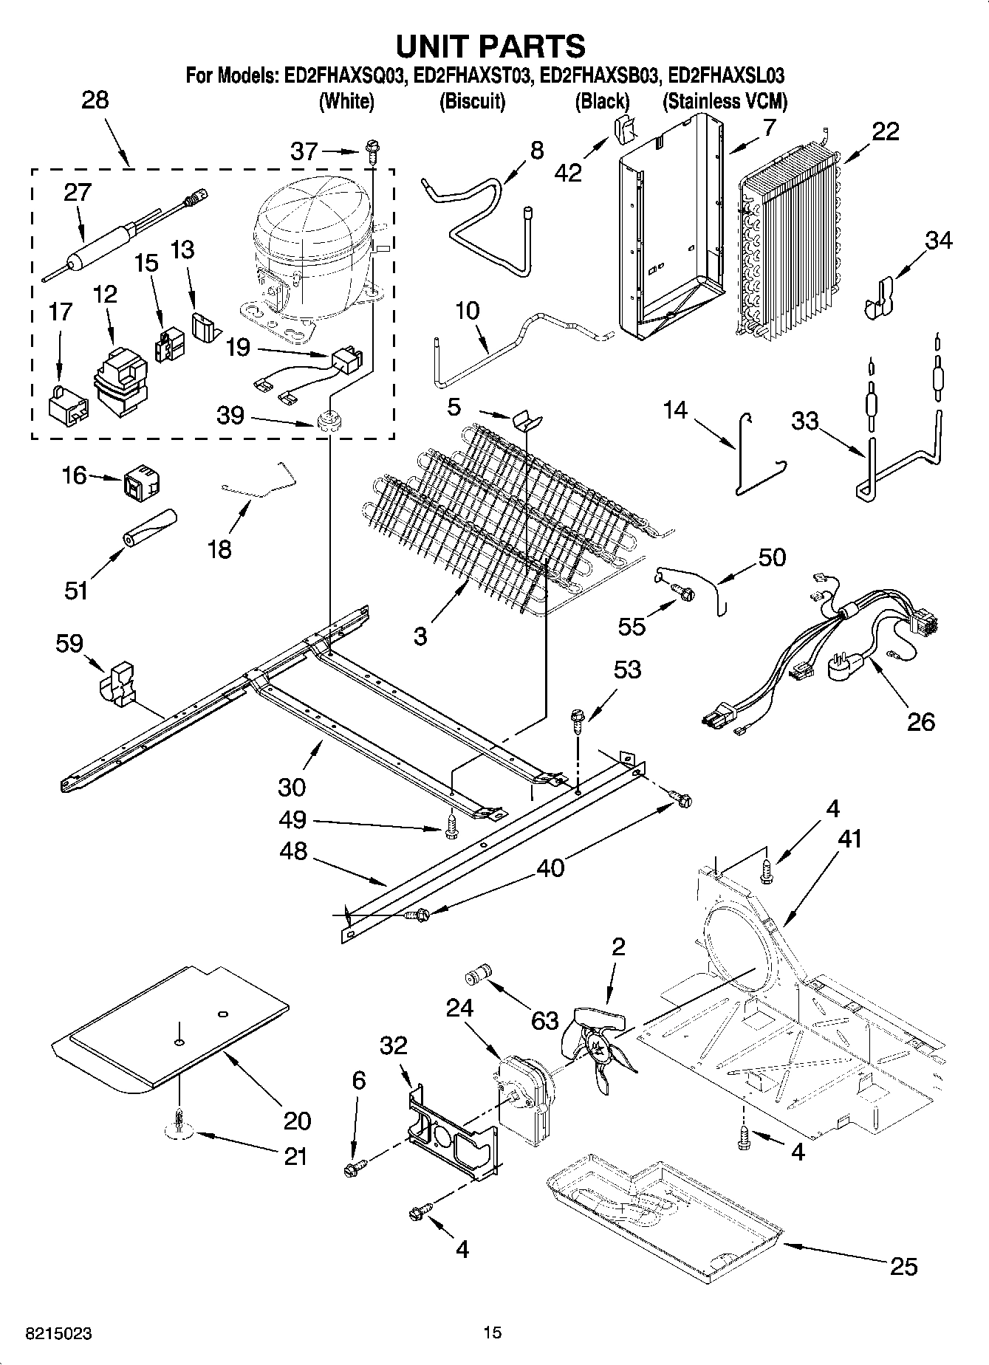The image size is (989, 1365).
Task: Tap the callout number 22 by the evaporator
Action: pos(886,131)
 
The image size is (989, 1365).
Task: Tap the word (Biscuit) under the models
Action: pos(472,101)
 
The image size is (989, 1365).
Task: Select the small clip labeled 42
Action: pos(625,130)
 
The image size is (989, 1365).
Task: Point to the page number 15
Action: pos(492,1333)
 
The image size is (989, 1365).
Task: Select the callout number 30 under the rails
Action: pos(292,787)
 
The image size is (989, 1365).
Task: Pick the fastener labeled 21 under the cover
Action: pos(179,1123)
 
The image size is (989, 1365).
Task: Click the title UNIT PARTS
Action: pos(491,46)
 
